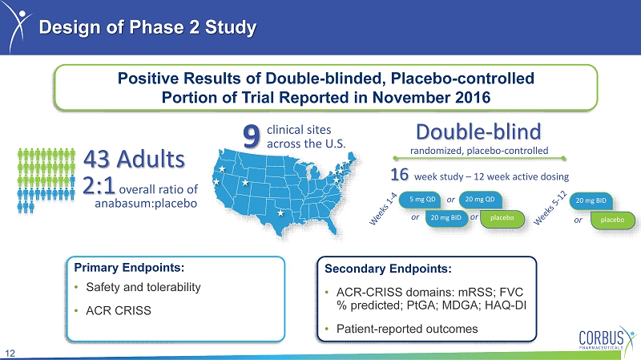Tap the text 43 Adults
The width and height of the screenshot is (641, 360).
(134, 159)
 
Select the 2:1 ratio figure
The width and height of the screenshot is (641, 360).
(99, 185)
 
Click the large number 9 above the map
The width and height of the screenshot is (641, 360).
(252, 136)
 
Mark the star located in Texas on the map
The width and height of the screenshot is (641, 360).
(280, 212)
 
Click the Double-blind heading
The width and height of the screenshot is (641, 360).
(478, 131)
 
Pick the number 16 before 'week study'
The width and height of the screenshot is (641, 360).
(399, 175)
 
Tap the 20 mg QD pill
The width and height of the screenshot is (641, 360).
(480, 199)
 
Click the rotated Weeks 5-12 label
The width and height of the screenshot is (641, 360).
(550, 208)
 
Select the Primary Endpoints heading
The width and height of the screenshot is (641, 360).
(129, 268)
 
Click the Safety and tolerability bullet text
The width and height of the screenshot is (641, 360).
(143, 287)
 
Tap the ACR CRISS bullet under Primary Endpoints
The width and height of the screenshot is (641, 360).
(119, 311)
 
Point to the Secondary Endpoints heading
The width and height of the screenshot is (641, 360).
(388, 269)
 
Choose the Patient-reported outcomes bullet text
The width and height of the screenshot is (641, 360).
(407, 329)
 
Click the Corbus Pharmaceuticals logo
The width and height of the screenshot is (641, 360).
(607, 338)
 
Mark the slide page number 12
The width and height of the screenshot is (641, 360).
(10, 354)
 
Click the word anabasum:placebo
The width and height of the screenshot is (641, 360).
(146, 204)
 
